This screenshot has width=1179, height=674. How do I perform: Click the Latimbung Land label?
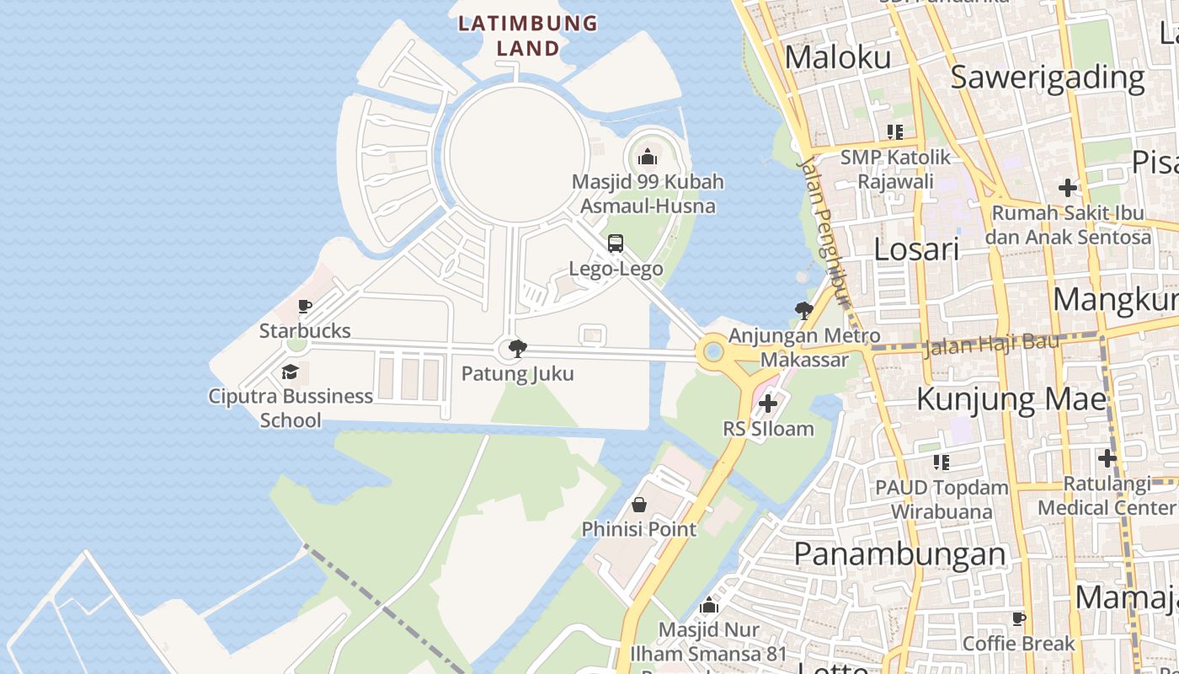point(528,35)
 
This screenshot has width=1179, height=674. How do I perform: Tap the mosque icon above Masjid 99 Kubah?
point(647,157)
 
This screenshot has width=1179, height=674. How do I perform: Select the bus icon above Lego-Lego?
point(616,243)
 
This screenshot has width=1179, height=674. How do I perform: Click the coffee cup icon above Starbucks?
point(305,306)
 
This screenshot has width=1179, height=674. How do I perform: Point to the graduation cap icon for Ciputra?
point(291,372)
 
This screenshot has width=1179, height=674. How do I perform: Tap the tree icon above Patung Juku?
point(517,348)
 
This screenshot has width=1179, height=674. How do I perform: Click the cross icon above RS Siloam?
point(768,404)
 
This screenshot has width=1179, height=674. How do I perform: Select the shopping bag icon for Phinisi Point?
point(639,505)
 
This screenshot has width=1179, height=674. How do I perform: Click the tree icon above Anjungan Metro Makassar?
point(803,311)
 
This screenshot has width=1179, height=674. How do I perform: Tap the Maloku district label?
point(838,57)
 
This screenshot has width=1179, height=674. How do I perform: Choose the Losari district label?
point(916,249)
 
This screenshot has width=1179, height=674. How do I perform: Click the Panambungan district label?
point(899,554)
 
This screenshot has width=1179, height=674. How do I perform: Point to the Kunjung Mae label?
point(1011,399)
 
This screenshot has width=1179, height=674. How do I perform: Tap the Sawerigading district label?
point(1048,77)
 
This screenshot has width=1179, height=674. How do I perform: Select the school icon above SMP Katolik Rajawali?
point(894,131)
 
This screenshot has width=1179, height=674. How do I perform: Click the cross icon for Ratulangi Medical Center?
point(1107,458)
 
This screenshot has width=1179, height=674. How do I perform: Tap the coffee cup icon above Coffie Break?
point(1019,619)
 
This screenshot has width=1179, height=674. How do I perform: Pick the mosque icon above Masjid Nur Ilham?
point(709,605)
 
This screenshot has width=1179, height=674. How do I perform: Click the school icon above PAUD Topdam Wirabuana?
point(941,462)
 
